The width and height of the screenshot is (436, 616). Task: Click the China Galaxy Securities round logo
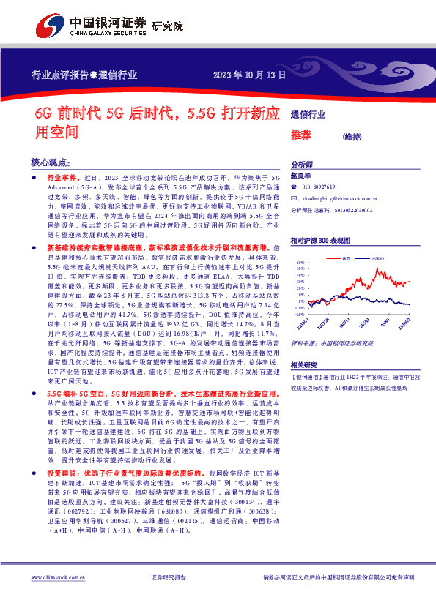click(x=48, y=26)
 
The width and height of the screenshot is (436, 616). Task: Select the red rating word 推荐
click(x=301, y=135)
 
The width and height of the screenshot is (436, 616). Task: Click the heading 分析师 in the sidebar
click(x=302, y=165)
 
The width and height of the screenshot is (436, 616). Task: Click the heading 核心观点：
click(x=51, y=162)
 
